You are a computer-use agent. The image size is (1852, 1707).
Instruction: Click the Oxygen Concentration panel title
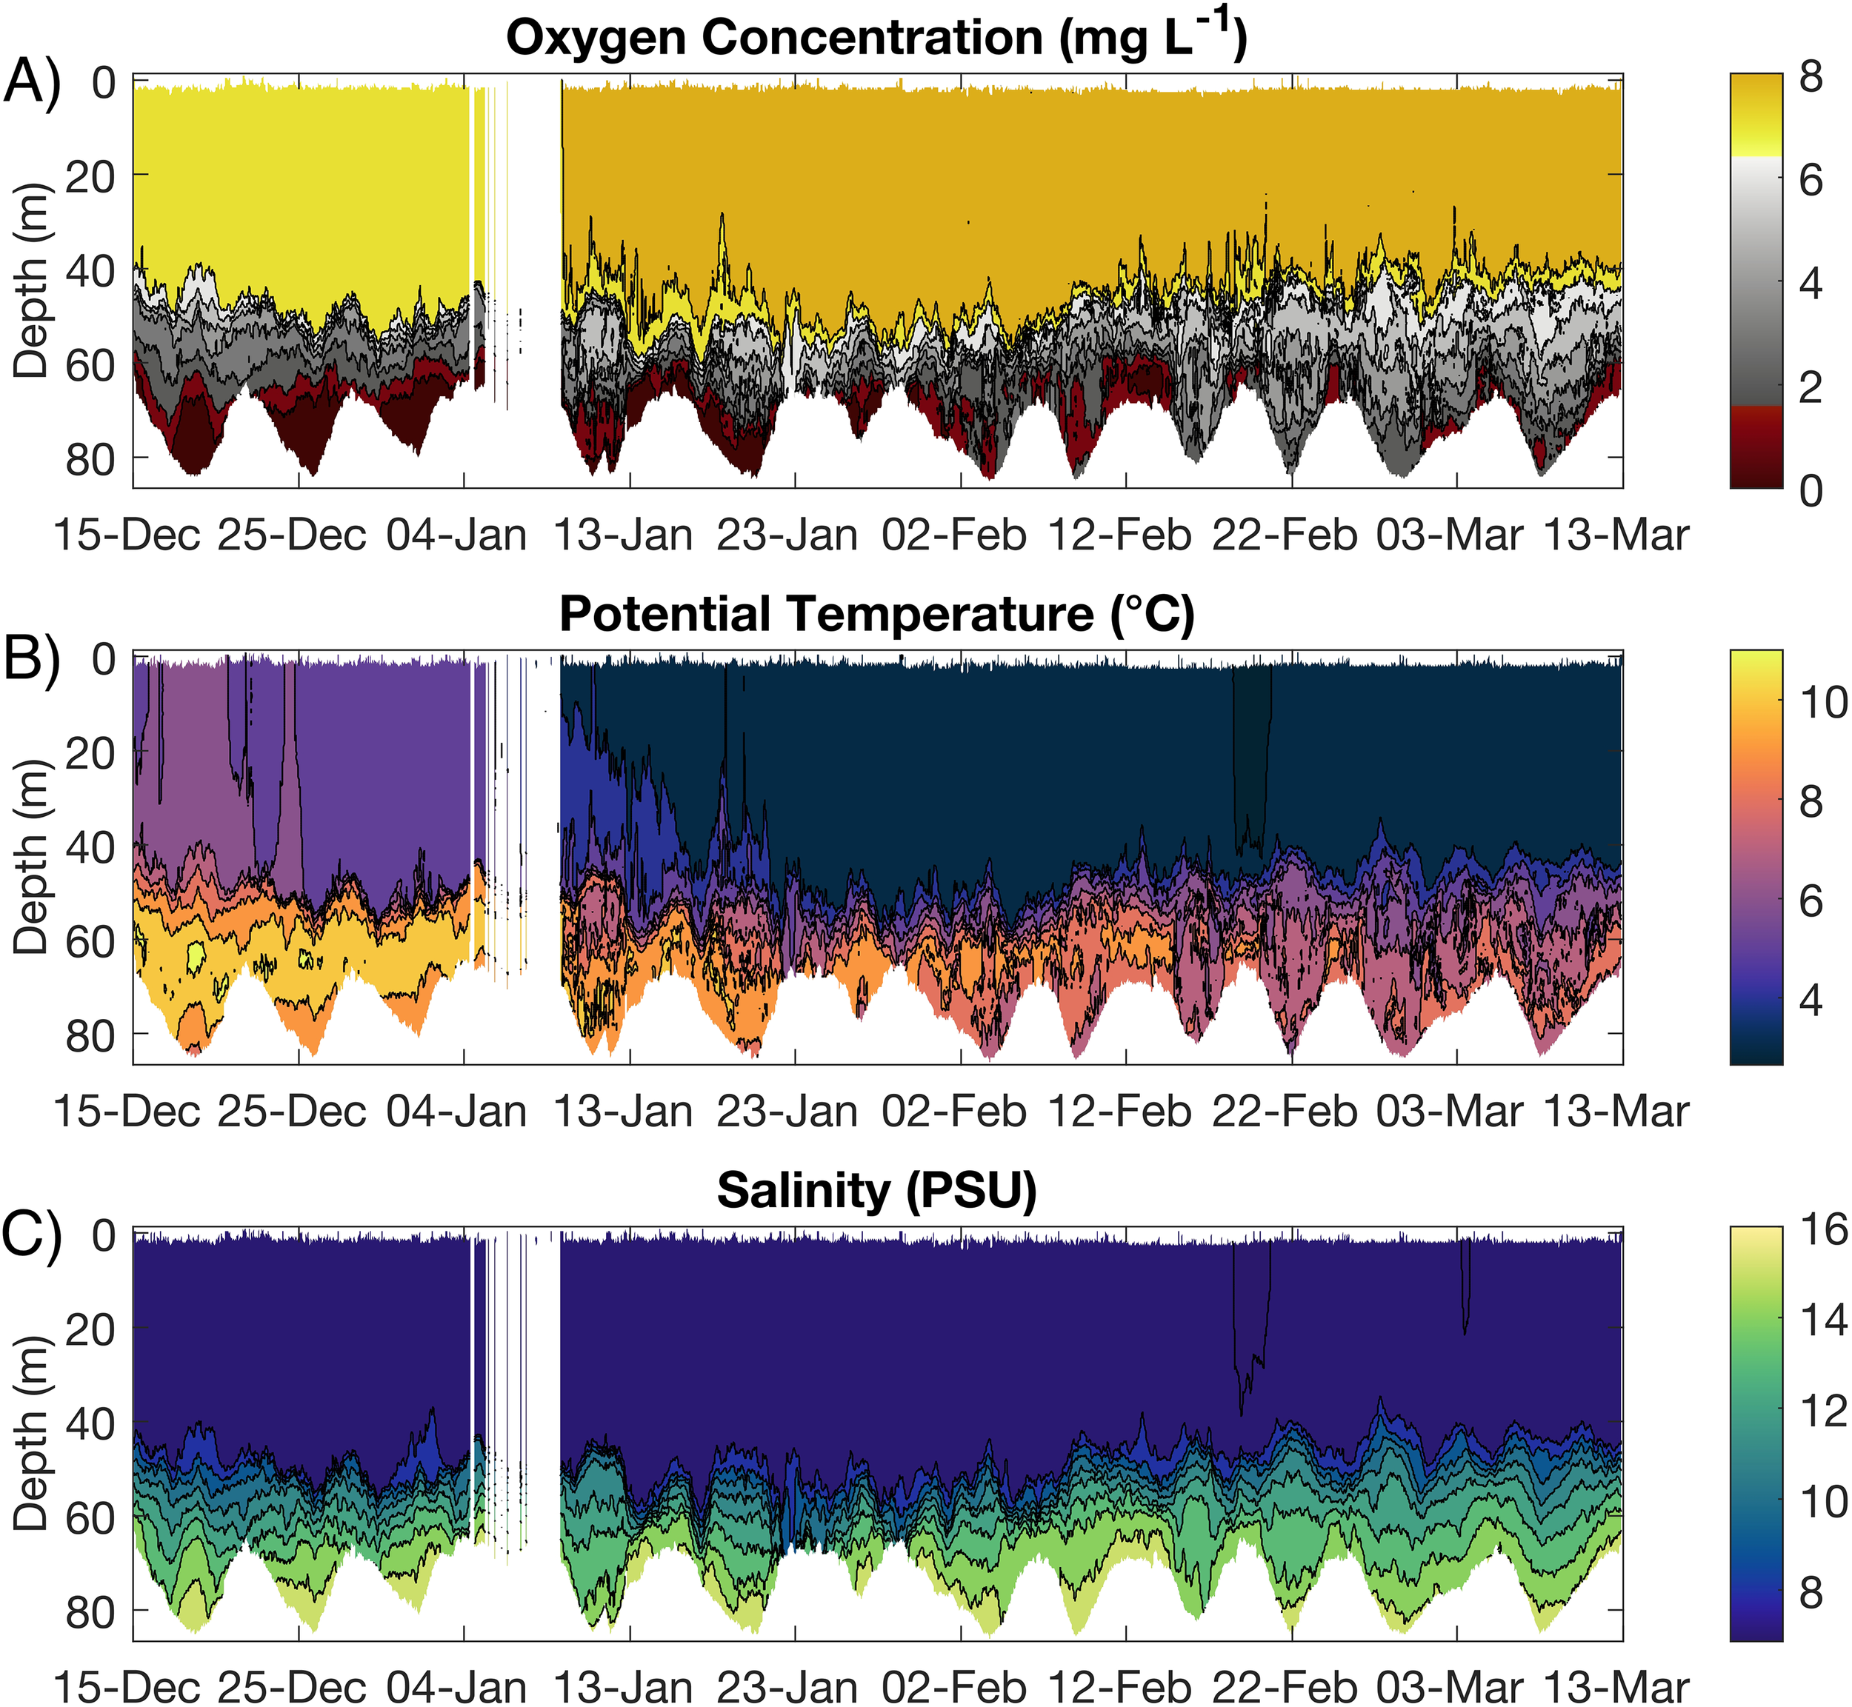click(876, 39)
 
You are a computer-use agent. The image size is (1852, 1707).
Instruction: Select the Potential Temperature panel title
click(876, 614)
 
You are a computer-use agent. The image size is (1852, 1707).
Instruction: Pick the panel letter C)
click(33, 1236)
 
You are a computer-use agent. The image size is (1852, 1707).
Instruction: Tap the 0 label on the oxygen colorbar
click(1811, 490)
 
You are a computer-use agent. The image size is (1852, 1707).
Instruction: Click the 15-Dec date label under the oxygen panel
click(127, 535)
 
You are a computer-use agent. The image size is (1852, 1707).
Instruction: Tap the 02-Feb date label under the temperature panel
click(953, 1110)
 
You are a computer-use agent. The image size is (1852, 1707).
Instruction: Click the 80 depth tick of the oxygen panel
click(90, 459)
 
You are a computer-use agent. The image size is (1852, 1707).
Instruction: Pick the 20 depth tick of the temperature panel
click(90, 754)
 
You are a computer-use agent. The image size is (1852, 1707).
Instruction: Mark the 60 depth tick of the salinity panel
click(90, 1517)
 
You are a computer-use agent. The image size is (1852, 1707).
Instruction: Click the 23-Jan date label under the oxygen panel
click(788, 535)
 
